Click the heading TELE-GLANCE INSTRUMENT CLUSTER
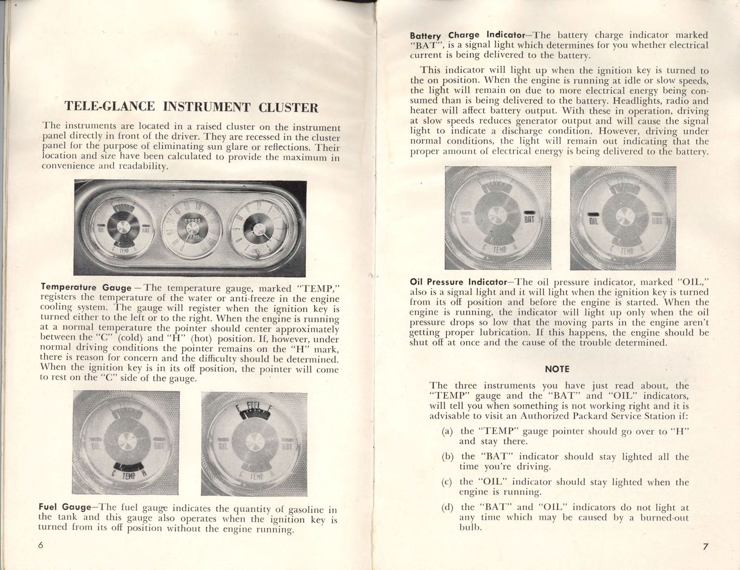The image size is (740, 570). (x=191, y=107)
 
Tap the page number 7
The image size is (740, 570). (x=705, y=547)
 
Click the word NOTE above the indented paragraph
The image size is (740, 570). (x=557, y=369)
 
